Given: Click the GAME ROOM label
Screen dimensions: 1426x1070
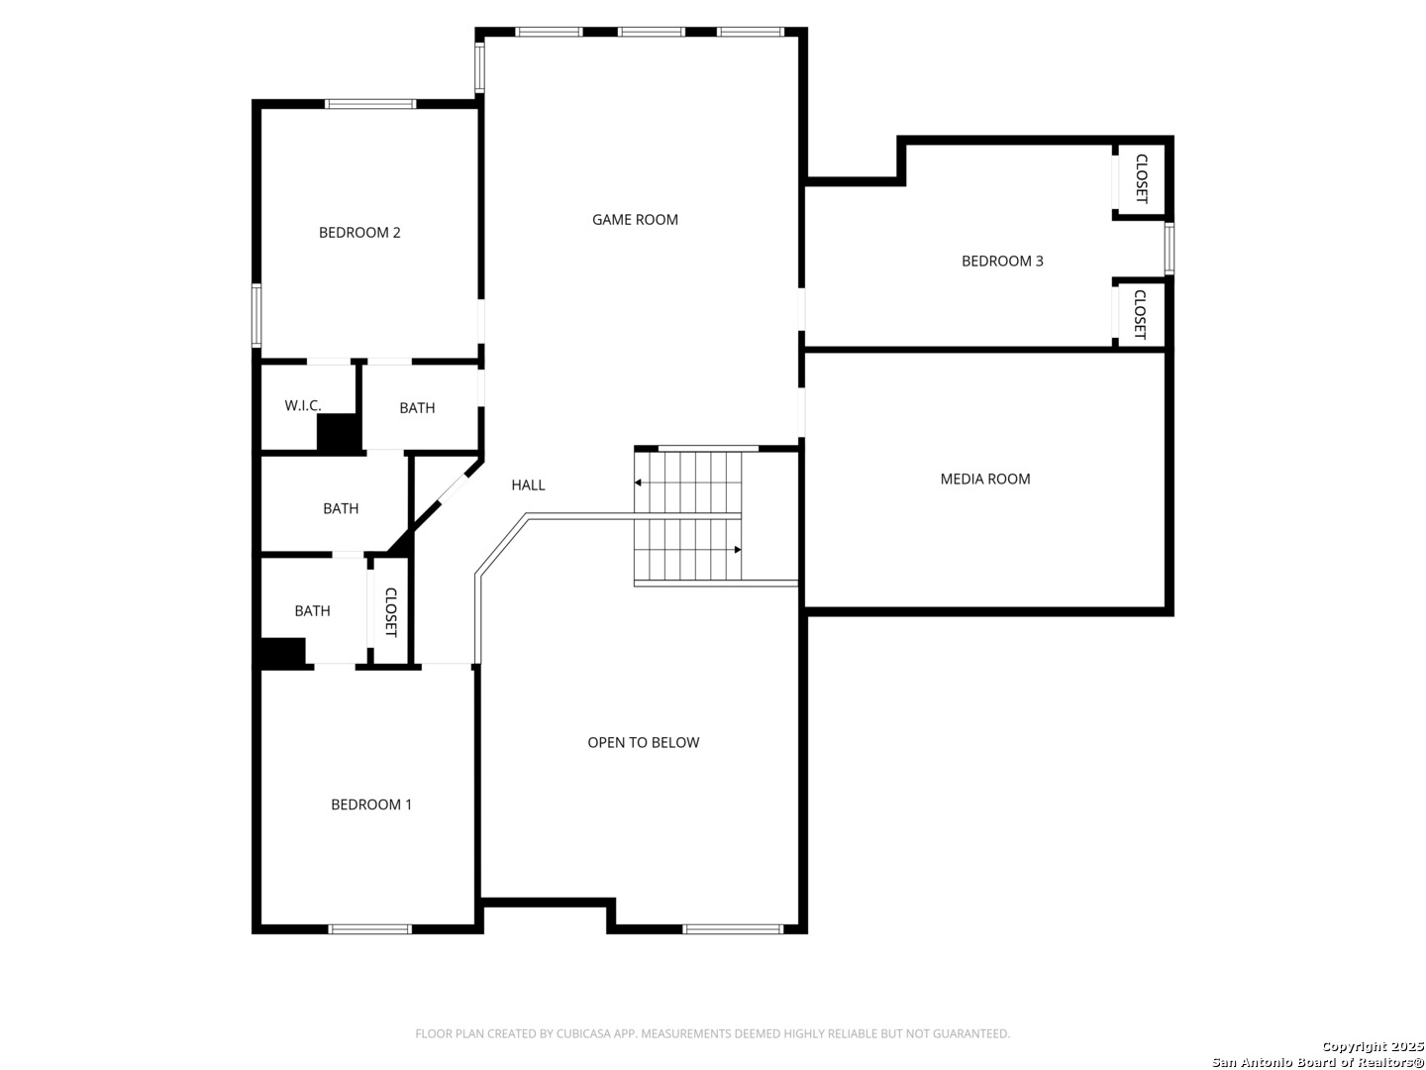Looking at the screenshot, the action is pyautogui.click(x=635, y=220).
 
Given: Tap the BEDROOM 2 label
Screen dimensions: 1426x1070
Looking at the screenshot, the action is pyautogui.click(x=359, y=233).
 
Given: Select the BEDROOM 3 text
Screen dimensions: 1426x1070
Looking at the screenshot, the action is pyautogui.click(x=1002, y=262).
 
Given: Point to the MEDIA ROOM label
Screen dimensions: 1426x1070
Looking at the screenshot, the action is pyautogui.click(x=985, y=479).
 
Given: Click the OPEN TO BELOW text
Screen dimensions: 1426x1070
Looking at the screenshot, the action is pyautogui.click(x=643, y=743).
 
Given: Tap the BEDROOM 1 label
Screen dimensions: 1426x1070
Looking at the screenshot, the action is pyautogui.click(x=371, y=804).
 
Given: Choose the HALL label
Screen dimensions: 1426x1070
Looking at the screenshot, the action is pyautogui.click(x=528, y=484).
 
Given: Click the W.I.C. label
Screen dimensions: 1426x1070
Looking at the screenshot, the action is pyautogui.click(x=303, y=405).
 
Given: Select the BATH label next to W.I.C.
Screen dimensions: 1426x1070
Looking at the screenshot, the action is pyautogui.click(x=417, y=408).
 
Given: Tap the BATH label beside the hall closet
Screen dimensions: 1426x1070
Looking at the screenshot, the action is pyautogui.click(x=313, y=610).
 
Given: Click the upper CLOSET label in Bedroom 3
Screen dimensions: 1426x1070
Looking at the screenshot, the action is pyautogui.click(x=1142, y=178).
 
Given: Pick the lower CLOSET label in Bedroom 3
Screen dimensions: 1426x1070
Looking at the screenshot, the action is pyautogui.click(x=1140, y=314).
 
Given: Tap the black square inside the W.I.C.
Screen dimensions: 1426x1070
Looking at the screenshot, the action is pyautogui.click(x=339, y=433).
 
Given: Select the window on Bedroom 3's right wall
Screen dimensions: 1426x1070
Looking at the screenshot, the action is pyautogui.click(x=1170, y=248).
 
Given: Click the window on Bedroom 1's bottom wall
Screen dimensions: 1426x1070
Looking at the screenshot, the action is pyautogui.click(x=369, y=929).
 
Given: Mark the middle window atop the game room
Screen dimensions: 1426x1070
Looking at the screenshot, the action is pyautogui.click(x=651, y=32).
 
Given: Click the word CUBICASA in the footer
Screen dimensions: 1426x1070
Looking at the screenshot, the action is pyautogui.click(x=579, y=1033).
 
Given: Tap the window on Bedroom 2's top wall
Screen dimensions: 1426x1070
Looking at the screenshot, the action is pyautogui.click(x=370, y=104).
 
